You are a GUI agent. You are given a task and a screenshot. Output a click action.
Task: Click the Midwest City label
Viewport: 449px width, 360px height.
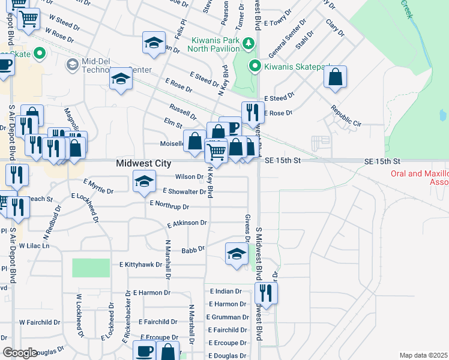pos(143,164)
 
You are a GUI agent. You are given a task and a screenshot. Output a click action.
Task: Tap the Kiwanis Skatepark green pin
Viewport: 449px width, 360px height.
pos(255,66)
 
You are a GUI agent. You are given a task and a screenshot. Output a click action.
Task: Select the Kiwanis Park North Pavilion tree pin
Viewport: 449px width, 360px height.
pos(248,42)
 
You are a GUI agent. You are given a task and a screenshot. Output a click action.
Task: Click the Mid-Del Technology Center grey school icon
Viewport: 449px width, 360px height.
pos(73,64)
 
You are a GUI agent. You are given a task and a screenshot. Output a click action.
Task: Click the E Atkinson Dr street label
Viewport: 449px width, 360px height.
pos(187,224)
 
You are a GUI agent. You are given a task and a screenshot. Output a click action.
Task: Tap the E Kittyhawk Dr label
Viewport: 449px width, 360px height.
pos(141,264)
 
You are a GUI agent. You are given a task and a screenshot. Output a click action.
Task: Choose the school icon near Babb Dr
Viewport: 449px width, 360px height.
pos(237,254)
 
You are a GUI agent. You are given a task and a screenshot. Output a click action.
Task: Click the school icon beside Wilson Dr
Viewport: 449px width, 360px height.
pos(143,181)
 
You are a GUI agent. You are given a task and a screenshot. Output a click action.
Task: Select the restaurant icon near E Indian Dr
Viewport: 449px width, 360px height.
pos(265,292)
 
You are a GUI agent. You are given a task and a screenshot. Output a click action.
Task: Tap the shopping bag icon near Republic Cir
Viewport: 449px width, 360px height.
pos(336,77)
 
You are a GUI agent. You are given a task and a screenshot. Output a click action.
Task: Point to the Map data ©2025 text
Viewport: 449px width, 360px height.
pos(423,355)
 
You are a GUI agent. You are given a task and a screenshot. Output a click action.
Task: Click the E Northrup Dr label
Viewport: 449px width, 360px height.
pos(169,206)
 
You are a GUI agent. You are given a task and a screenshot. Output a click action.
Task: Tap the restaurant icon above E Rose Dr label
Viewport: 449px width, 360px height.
pos(253,112)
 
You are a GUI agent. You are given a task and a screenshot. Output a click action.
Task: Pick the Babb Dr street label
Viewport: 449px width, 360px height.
pos(193,248)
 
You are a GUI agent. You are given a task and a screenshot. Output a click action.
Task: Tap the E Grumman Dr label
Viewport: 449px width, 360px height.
pos(228,317)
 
